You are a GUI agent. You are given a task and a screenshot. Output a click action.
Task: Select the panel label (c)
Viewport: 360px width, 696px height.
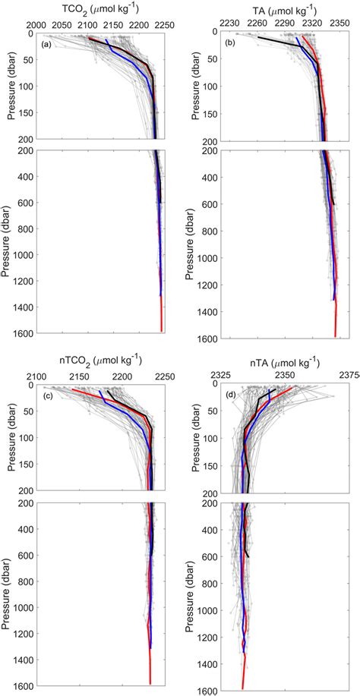[x=46, y=395]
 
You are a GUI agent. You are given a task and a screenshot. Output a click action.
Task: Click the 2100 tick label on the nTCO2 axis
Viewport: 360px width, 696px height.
[x=36, y=376]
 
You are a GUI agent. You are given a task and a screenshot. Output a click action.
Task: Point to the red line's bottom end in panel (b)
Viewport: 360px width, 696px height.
[x=335, y=335]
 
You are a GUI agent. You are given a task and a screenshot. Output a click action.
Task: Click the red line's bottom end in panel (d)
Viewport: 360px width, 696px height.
[x=243, y=688]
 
